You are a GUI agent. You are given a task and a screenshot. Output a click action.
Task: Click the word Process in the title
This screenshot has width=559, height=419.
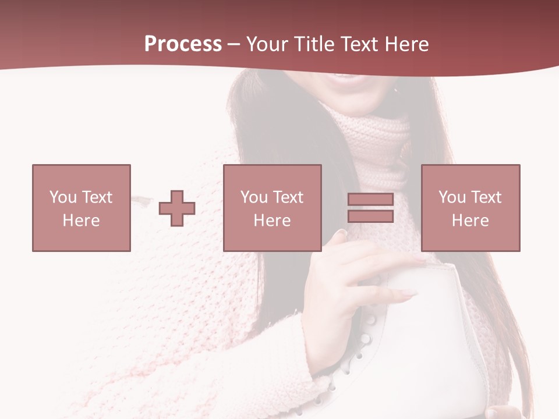pyautogui.click(x=183, y=44)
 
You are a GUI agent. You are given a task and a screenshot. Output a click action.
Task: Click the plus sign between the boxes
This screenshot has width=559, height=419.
pyautogui.click(x=177, y=208)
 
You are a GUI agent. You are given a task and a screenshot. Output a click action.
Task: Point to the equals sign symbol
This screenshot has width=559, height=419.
pyautogui.click(x=370, y=208)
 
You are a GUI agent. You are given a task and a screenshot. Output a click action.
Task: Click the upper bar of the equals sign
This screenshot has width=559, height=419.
pyautogui.click(x=370, y=200)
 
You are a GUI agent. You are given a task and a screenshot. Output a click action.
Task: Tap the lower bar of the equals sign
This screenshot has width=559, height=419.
pyautogui.click(x=370, y=216)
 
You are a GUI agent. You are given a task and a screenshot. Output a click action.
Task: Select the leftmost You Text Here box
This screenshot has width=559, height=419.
pyautogui.click(x=82, y=208)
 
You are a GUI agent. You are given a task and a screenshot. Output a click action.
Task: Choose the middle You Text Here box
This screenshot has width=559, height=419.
pyautogui.click(x=273, y=208)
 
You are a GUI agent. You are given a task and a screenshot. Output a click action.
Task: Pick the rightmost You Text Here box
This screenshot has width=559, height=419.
pyautogui.click(x=470, y=208)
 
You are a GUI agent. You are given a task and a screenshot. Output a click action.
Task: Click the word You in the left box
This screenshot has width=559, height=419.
pyautogui.click(x=63, y=197)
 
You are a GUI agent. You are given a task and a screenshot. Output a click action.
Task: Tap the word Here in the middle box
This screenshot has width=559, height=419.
pyautogui.click(x=273, y=221)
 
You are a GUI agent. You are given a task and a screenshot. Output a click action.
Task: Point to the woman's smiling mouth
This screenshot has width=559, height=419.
pyautogui.click(x=347, y=78)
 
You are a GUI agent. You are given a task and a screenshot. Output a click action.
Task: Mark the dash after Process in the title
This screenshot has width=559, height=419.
pyautogui.click(x=234, y=44)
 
